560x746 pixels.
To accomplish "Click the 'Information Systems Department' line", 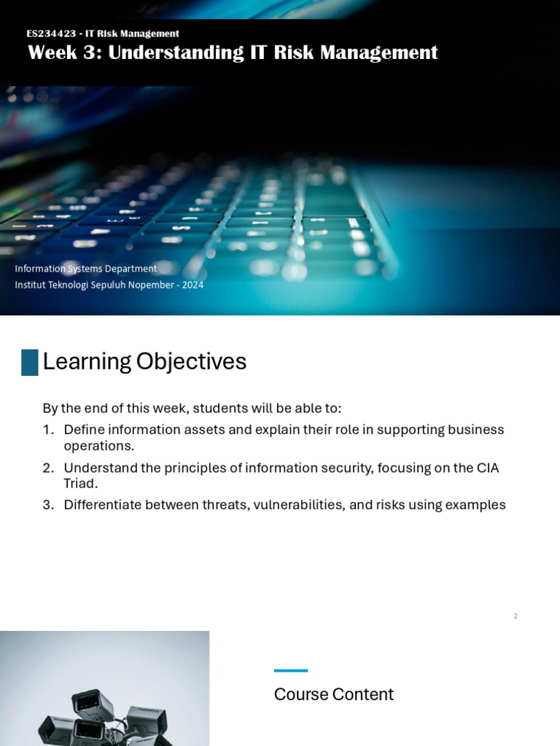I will pos(86,269).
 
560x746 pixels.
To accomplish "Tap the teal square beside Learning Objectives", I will pos(30,362).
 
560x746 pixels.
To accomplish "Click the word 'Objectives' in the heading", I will pos(191,362).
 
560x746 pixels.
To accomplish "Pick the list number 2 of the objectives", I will pos(47,468).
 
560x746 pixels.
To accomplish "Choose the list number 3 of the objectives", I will pos(47,505).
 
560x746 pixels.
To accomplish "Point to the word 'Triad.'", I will pos(80,483).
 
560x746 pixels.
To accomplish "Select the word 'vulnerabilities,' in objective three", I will pos(299,505).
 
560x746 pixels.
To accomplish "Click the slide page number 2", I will pos(516,616).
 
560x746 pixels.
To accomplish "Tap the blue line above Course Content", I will pos(291,670).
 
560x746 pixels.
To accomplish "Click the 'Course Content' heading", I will pos(333,694).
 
